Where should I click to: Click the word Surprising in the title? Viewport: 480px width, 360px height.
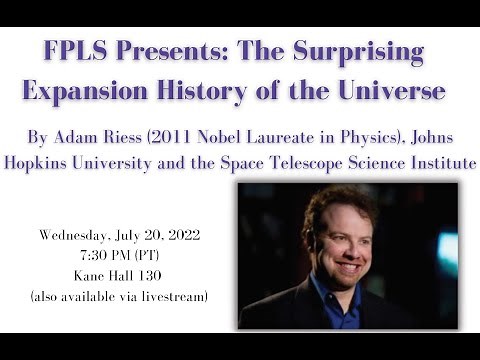(359, 52)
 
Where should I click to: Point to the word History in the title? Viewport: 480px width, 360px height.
(220, 90)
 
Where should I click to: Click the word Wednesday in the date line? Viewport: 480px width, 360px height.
(76, 236)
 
